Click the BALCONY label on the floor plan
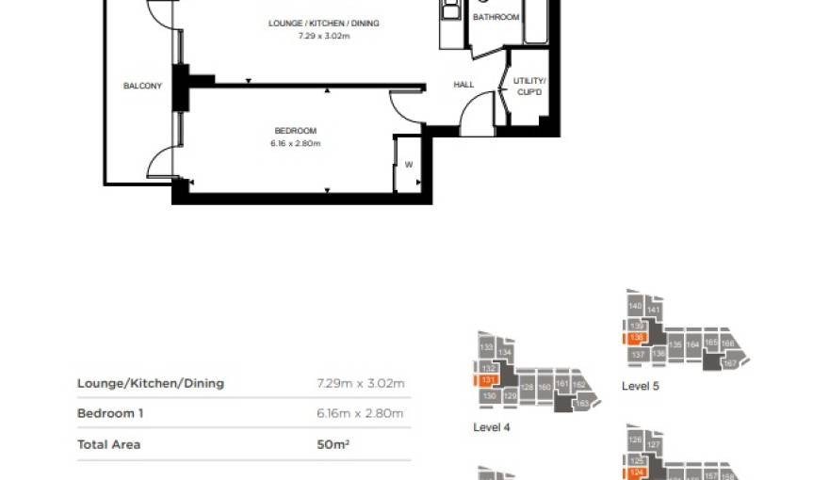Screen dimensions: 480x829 142,87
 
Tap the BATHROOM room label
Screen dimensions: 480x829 496,18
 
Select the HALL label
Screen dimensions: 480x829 463,85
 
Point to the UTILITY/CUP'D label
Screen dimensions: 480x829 529,86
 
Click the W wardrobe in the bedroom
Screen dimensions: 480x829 408,165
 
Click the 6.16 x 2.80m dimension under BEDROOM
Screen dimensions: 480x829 296,144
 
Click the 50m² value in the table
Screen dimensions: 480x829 333,444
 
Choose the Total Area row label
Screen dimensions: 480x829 108,444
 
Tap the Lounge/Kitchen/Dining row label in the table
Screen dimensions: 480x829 151,383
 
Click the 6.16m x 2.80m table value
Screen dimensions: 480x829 360,413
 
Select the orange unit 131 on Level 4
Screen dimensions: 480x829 487,380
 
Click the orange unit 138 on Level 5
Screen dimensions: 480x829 637,338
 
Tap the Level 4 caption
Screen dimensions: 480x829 491,426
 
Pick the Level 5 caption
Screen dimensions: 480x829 640,386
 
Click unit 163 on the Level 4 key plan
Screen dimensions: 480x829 581,404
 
